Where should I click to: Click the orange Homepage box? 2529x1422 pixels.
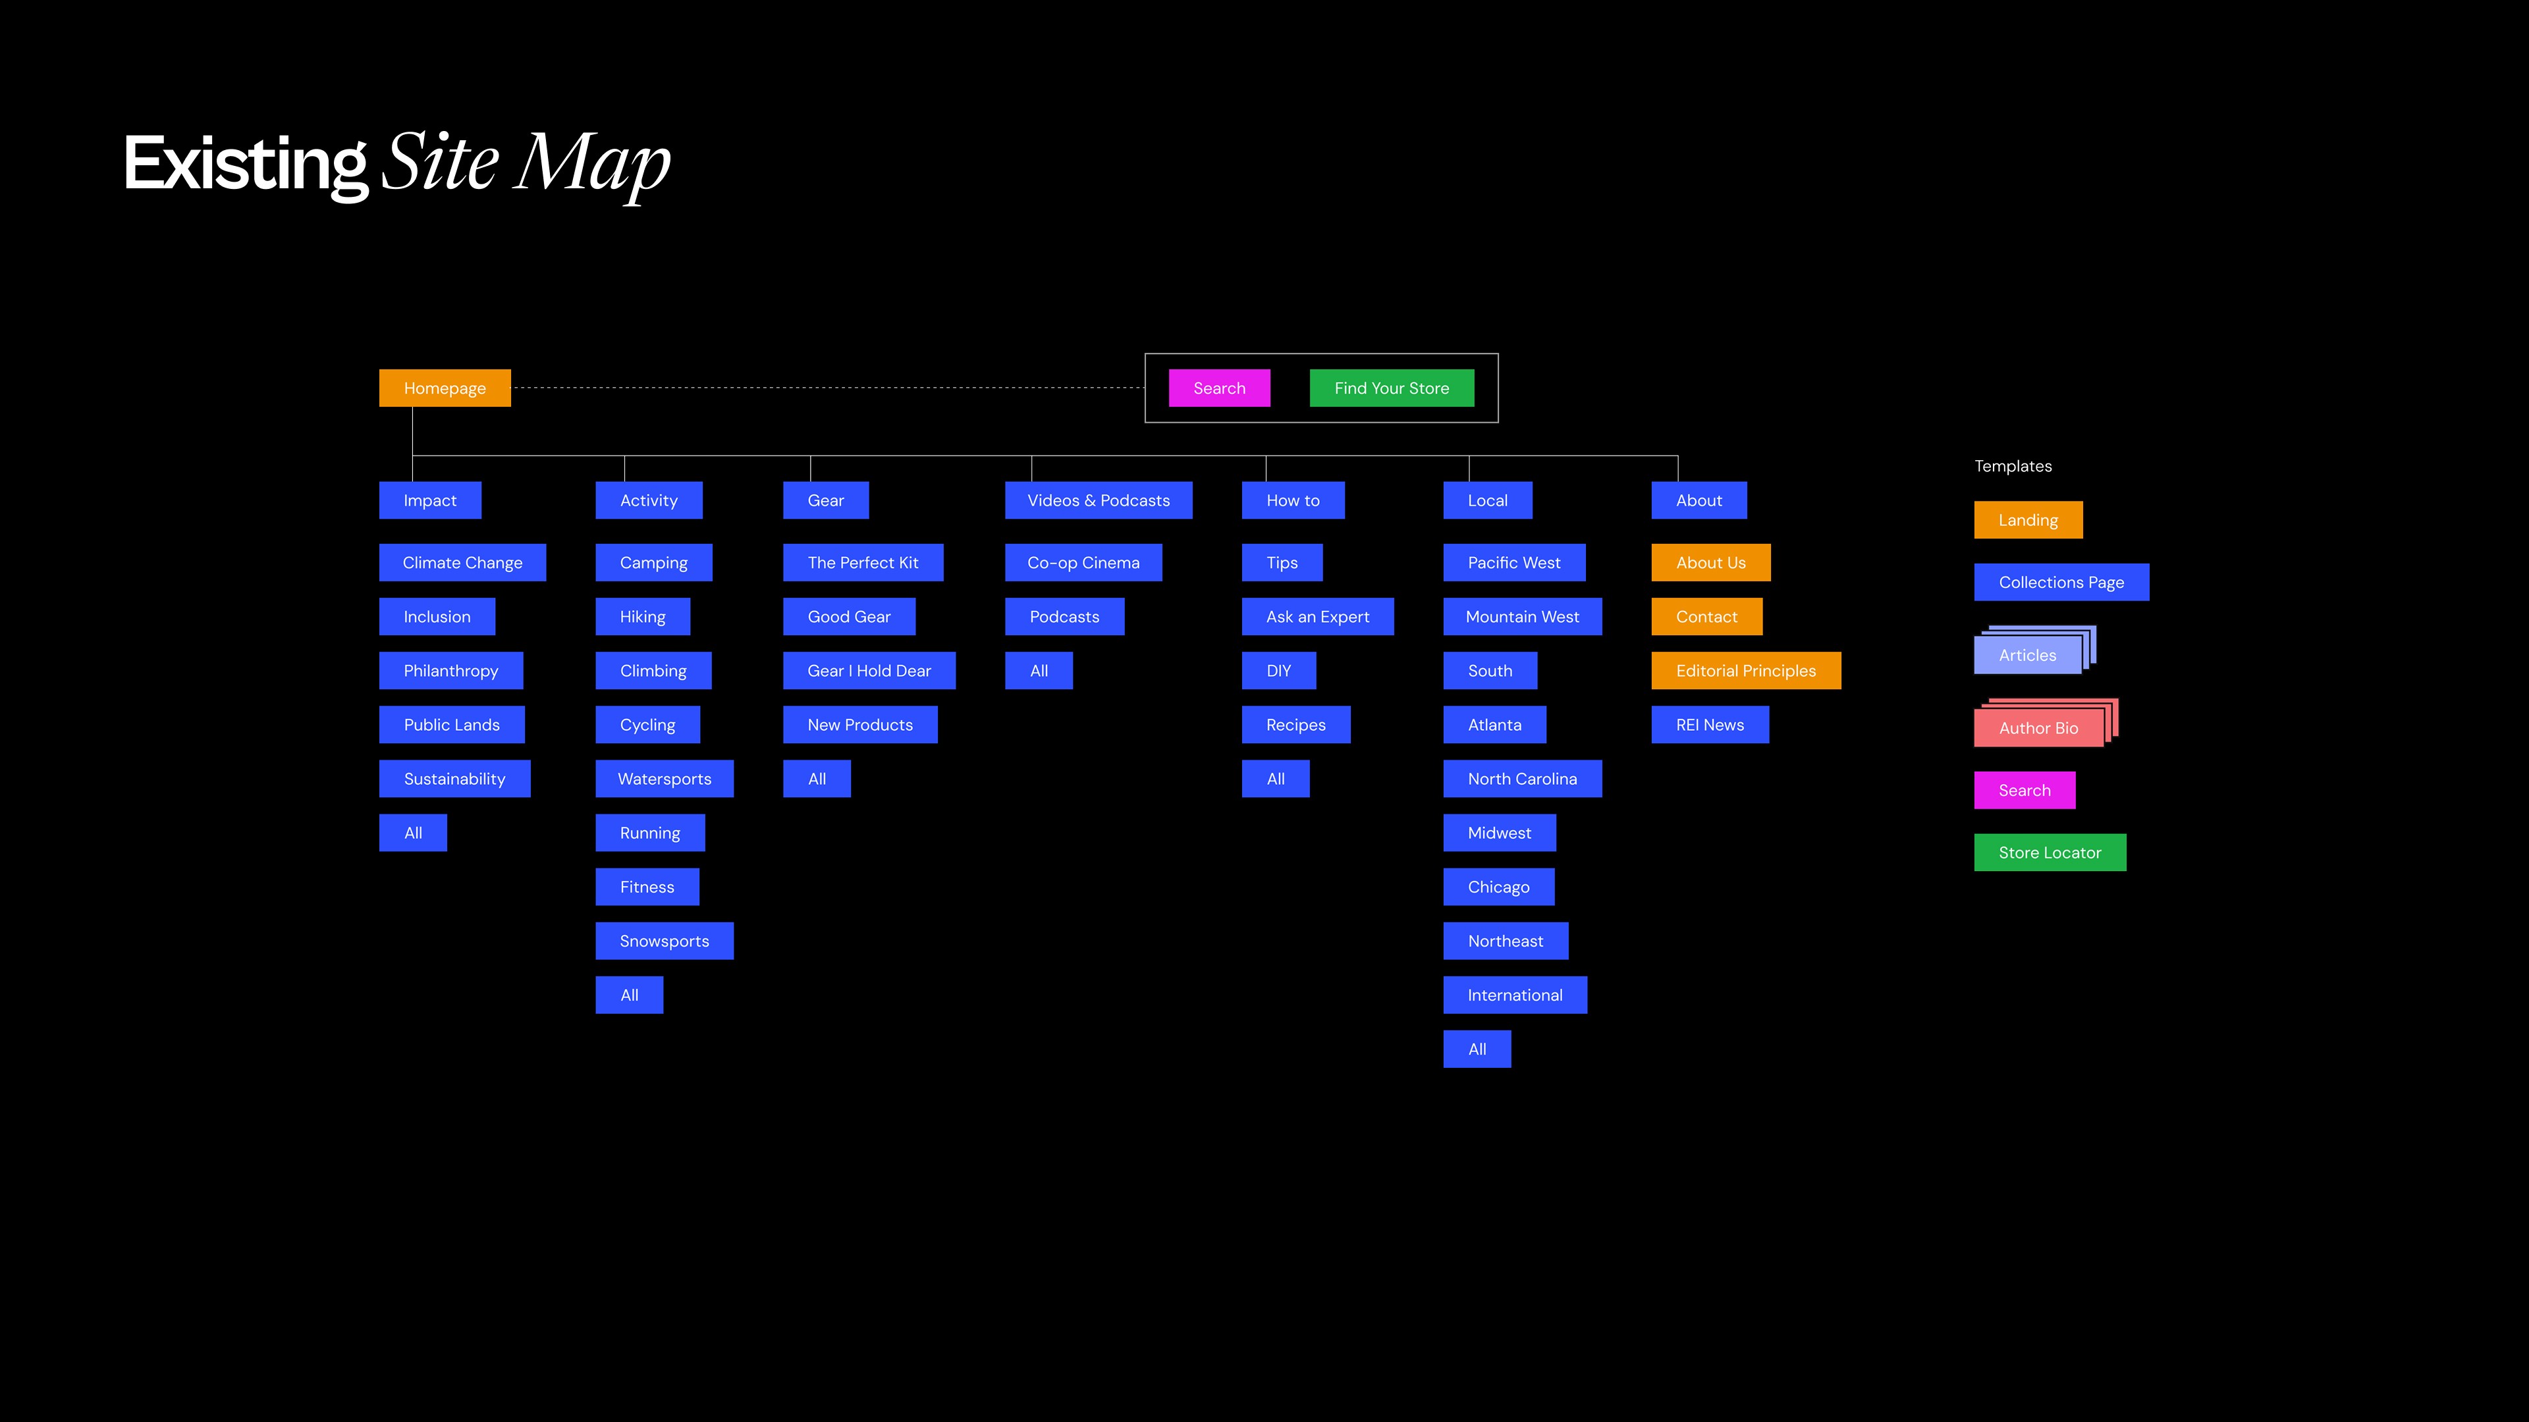point(445,388)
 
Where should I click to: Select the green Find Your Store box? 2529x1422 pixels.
point(1391,388)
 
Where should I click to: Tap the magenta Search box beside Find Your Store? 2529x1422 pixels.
point(1218,388)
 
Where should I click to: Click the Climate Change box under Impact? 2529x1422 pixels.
point(462,562)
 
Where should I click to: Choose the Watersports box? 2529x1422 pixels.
point(664,778)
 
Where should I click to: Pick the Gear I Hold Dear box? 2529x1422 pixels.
point(869,670)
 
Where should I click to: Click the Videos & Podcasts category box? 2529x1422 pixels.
point(1098,500)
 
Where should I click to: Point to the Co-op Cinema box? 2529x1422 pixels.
point(1083,562)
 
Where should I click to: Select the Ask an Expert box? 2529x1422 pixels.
point(1317,616)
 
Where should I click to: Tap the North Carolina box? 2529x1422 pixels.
point(1522,778)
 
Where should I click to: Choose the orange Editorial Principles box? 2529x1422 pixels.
point(1745,670)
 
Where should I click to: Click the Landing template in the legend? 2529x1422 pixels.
point(2027,520)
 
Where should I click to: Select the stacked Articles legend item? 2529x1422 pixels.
point(2027,654)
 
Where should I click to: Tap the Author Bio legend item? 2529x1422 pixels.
point(2038,727)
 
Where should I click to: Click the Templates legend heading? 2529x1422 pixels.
point(2013,466)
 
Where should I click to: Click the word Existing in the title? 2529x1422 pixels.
point(246,164)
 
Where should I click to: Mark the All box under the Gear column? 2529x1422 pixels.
point(816,778)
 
